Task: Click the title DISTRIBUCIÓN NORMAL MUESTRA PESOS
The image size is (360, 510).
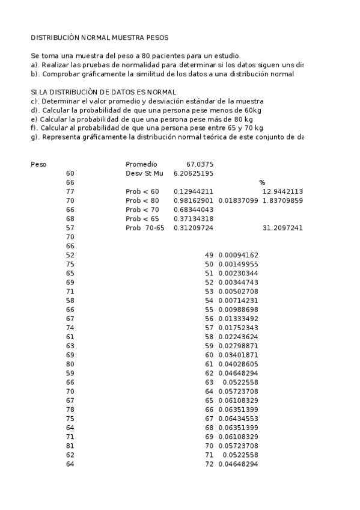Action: click(100, 37)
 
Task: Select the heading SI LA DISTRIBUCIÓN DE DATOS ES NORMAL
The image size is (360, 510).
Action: click(103, 92)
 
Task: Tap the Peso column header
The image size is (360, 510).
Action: click(38, 164)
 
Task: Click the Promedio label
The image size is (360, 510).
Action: click(141, 164)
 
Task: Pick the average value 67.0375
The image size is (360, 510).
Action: click(200, 164)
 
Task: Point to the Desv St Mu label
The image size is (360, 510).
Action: click(144, 173)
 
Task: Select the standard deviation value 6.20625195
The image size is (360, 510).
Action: click(194, 173)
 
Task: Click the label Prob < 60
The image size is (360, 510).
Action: click(142, 191)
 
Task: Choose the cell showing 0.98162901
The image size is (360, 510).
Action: click(194, 200)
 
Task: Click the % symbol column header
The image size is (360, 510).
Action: click(262, 182)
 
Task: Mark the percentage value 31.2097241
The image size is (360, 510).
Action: click(282, 228)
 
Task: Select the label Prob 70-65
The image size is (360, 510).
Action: click(145, 228)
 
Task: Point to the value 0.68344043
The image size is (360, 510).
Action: click(194, 209)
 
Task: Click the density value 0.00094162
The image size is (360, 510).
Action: click(238, 255)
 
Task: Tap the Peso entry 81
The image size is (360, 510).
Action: click(70, 446)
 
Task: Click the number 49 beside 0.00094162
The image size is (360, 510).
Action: click(209, 255)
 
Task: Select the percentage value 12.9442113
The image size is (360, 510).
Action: click(282, 191)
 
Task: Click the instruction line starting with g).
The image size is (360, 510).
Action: click(167, 137)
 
